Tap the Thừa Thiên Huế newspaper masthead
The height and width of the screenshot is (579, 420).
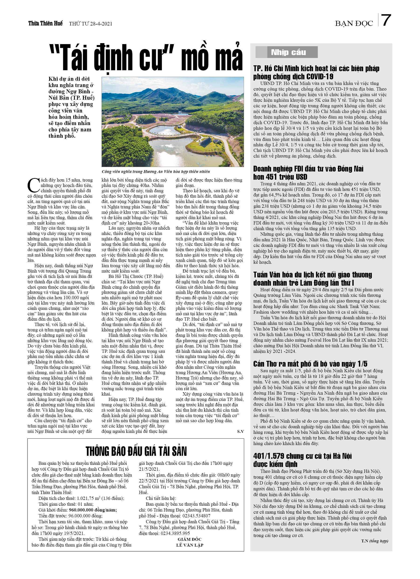coord(45,24)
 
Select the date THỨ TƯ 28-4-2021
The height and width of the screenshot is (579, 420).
coord(90,24)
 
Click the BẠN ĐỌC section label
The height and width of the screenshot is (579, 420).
coord(354,24)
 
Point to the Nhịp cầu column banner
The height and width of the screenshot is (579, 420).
coord(288,52)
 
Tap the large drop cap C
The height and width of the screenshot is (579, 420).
coord(33,185)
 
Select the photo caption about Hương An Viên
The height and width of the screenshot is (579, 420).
coord(155,171)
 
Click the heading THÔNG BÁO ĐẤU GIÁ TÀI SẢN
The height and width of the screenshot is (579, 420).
coord(136,451)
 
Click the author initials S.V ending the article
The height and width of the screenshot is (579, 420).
coord(240,432)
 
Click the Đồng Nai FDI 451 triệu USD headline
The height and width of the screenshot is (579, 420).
coord(308,173)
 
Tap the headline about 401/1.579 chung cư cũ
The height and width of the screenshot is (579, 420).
coord(302,460)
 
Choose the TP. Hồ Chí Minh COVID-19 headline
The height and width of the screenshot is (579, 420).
coord(316,73)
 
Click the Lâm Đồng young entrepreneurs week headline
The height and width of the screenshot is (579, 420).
coord(312,279)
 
